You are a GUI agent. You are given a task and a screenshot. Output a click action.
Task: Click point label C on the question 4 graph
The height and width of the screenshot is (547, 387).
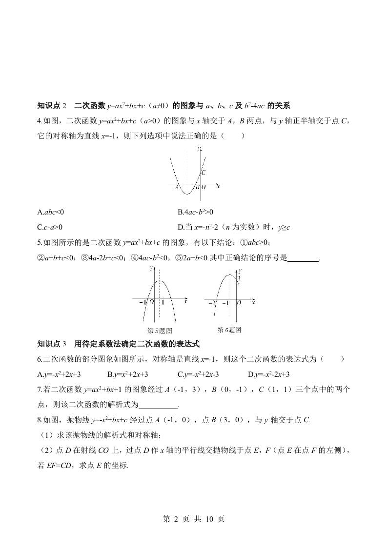(x=204, y=173)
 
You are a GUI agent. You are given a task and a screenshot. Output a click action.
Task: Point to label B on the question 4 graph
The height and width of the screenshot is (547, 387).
(x=197, y=187)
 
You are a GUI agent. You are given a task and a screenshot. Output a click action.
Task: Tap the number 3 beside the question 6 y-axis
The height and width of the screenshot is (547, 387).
(x=239, y=278)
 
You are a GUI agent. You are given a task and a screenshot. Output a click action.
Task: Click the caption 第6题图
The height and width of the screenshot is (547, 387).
(x=229, y=330)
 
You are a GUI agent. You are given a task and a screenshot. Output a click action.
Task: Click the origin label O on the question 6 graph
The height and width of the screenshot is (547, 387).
(x=239, y=303)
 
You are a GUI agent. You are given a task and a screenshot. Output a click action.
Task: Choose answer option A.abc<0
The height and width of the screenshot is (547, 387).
(x=51, y=212)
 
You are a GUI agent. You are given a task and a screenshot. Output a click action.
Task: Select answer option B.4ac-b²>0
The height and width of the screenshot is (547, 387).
(x=196, y=212)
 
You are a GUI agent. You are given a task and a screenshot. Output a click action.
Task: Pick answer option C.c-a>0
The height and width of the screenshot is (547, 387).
(x=50, y=227)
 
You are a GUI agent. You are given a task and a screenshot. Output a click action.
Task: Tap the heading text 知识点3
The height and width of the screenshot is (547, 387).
(x=51, y=344)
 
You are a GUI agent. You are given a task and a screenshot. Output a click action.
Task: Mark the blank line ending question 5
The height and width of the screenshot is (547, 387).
(x=303, y=259)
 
